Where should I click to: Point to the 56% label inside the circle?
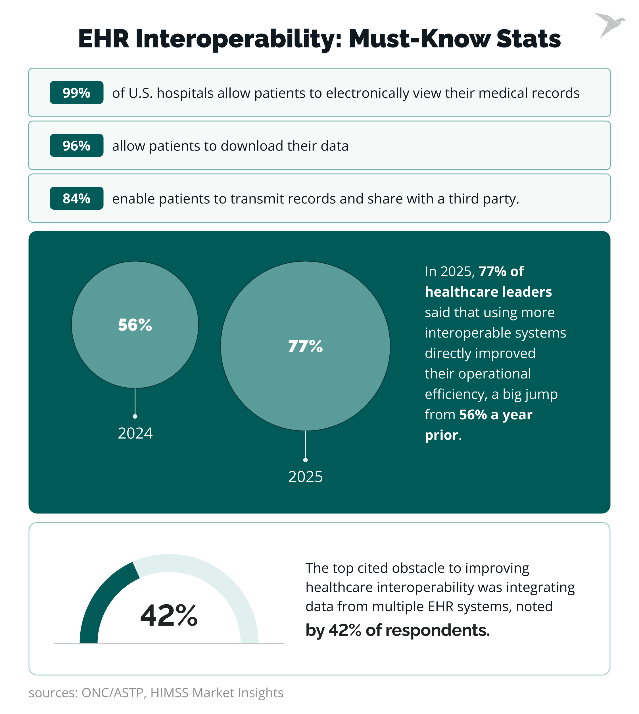click(x=135, y=325)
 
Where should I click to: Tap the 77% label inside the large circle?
click(x=305, y=346)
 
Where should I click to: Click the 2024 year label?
click(x=135, y=433)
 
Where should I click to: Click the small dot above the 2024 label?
click(x=135, y=416)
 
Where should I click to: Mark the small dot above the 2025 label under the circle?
click(x=305, y=460)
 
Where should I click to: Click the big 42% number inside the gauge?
click(x=169, y=616)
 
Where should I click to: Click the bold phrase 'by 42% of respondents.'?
click(x=397, y=630)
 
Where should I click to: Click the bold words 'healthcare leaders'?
click(x=488, y=292)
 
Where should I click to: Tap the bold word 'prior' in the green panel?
click(x=441, y=435)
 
